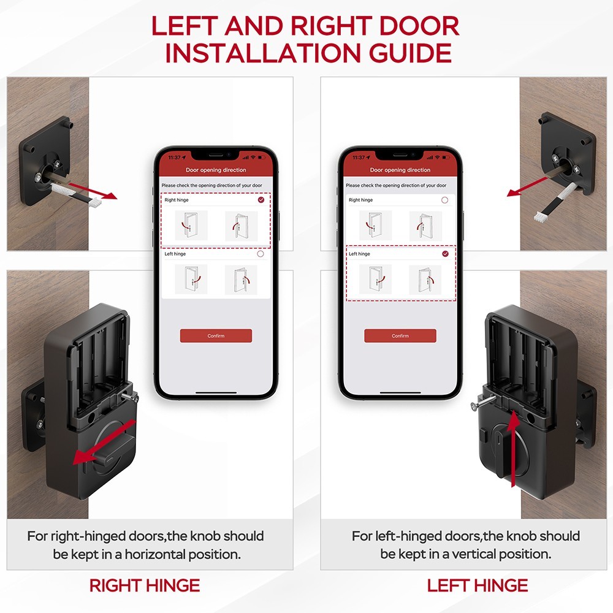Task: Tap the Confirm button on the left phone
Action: pyautogui.click(x=216, y=336)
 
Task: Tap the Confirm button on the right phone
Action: pyautogui.click(x=400, y=336)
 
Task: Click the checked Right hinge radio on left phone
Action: pyautogui.click(x=262, y=200)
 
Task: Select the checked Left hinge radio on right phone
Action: pyautogui.click(x=445, y=254)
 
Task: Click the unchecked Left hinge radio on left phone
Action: pyautogui.click(x=261, y=254)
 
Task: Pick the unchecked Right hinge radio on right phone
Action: pyautogui.click(x=445, y=200)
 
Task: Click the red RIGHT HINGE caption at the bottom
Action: pyautogui.click(x=145, y=585)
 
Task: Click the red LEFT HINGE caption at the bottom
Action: pyautogui.click(x=478, y=585)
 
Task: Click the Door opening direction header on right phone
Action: pyautogui.click(x=400, y=170)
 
